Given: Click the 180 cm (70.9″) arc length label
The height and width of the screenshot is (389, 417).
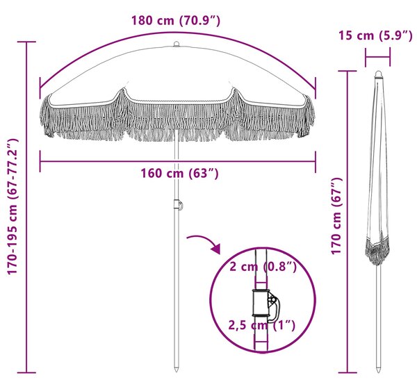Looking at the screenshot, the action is point(176,20).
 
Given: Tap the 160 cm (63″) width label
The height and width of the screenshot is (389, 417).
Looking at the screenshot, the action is point(179,174).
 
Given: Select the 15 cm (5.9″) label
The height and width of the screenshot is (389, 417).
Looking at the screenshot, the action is point(375,35).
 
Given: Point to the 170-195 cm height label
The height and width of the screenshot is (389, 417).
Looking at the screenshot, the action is point(13,206).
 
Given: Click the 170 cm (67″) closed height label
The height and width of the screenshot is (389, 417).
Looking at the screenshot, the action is point(336,216).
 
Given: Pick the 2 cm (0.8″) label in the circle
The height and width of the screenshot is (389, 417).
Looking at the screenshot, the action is point(263,267).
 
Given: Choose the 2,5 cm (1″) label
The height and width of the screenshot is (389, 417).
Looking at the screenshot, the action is point(262,325).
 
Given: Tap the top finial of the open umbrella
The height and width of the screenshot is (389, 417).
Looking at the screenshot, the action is point(177,44).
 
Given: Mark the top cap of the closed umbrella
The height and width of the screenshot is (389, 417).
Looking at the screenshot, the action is point(379,74).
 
